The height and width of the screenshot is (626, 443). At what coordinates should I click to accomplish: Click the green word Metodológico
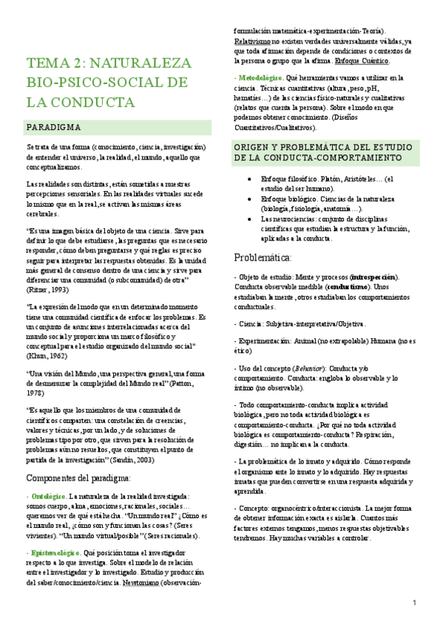point(260,78)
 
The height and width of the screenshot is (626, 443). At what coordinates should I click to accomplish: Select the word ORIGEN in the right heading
point(255,147)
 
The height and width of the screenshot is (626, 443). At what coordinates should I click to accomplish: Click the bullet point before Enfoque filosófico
point(251,178)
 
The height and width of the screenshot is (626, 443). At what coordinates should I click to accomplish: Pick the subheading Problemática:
point(263,258)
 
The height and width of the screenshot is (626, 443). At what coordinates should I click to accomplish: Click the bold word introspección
point(375,277)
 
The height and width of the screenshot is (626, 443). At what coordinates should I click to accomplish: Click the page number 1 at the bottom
point(415,605)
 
